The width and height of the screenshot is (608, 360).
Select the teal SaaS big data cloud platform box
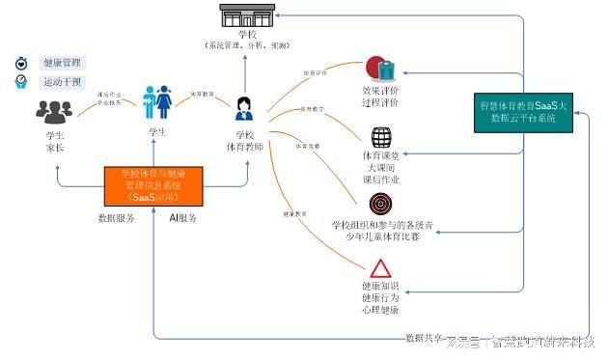523,114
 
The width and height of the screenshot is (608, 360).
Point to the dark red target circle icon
380,205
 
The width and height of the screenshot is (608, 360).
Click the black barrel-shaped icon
380,138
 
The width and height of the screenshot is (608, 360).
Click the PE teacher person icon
244,107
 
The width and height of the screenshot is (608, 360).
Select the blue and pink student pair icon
157,101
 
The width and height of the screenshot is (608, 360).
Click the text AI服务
182,218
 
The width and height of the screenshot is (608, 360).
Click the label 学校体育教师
244,141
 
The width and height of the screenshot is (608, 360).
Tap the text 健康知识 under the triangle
379,286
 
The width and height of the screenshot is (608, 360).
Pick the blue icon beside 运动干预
20,83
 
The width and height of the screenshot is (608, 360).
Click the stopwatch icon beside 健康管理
20,63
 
